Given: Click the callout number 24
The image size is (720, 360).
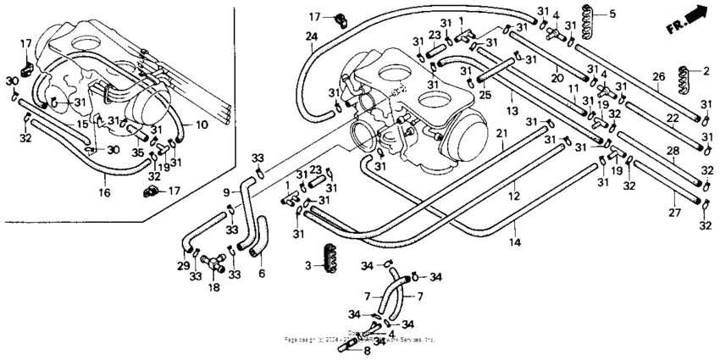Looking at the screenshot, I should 311,36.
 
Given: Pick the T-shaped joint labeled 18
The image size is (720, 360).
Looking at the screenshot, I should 215,269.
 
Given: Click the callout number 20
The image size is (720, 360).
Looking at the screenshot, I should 557,78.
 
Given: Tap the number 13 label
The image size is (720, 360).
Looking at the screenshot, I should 512,111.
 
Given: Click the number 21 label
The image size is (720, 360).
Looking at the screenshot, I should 501,136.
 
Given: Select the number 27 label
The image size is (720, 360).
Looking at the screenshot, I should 675,213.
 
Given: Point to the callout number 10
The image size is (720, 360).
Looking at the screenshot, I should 201,125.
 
